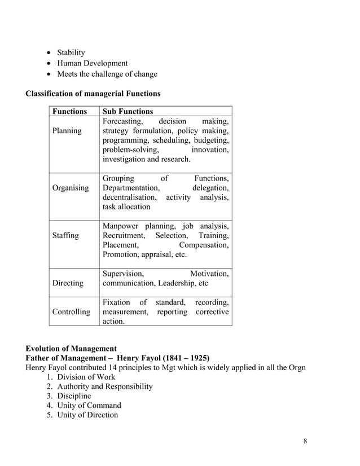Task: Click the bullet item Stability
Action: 71,53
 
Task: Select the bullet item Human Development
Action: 92,64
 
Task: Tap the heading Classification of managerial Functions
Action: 93,93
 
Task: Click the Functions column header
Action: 69,111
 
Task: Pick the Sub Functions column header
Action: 128,111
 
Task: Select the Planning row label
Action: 67,131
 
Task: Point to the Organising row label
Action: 70,188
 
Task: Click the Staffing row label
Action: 65,235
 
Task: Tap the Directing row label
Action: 68,283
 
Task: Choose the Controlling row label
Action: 71,311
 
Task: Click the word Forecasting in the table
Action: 122,121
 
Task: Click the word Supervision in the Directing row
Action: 122,274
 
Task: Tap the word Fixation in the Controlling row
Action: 116,302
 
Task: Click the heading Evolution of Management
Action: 71,348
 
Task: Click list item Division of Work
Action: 86,377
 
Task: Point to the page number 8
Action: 305,441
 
